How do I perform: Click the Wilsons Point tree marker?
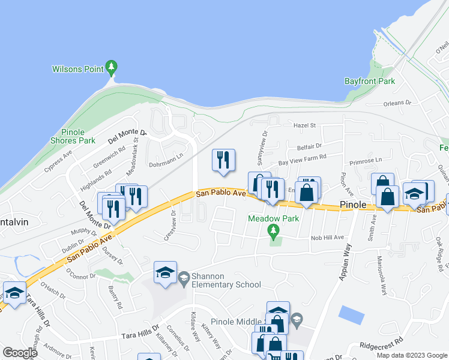tap(110, 66)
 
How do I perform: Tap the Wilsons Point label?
tap(78, 70)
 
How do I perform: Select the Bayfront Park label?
tap(369, 80)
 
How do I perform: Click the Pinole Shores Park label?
tap(78, 136)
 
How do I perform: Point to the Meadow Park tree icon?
tap(273, 230)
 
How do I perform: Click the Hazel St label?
tap(304, 125)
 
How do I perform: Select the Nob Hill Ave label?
tap(327, 238)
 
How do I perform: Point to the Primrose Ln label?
tap(366, 160)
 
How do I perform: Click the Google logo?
tap(20, 352)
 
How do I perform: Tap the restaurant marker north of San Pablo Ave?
tap(223, 160)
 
